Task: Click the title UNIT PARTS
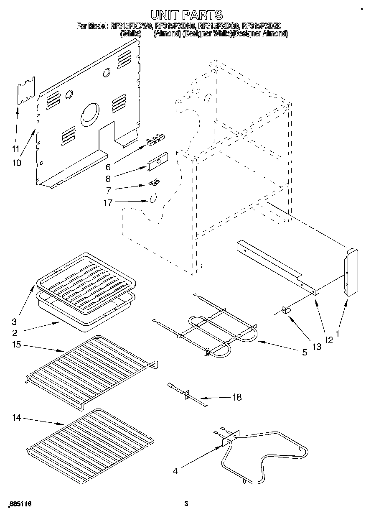pyautogui.click(x=186, y=15)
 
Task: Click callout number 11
pyautogui.click(x=15, y=148)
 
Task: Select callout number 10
pyautogui.click(x=17, y=163)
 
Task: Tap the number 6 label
pyautogui.click(x=108, y=167)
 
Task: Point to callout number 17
pyautogui.click(x=108, y=203)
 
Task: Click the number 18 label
pyautogui.click(x=236, y=397)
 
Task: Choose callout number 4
pyautogui.click(x=175, y=471)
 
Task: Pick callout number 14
pyautogui.click(x=17, y=418)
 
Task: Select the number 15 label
pyautogui.click(x=17, y=345)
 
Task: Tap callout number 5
pyautogui.click(x=305, y=353)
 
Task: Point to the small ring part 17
pyautogui.click(x=153, y=199)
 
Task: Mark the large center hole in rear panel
pyautogui.click(x=90, y=113)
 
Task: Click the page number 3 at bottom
pyautogui.click(x=186, y=504)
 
